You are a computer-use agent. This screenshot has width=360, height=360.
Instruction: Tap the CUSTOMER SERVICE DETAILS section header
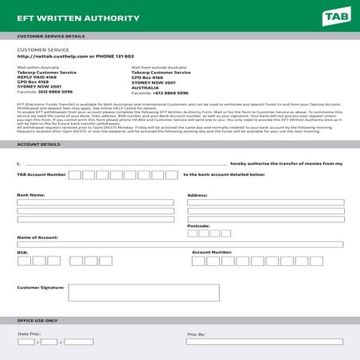tap(51, 36)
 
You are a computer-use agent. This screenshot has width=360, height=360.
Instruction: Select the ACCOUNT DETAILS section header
tap(38, 144)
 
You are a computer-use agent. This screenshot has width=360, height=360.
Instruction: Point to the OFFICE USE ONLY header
tap(37, 320)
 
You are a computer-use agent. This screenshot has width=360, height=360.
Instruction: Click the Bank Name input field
tap(95, 202)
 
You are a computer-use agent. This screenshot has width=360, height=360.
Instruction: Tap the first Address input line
tap(265, 202)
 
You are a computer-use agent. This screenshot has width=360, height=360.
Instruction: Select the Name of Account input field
tap(180, 245)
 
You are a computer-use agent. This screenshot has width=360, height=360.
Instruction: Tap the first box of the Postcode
tap(192, 233)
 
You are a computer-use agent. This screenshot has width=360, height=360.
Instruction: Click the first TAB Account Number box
tap(74, 174)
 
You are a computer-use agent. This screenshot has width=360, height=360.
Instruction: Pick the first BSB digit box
tap(23, 260)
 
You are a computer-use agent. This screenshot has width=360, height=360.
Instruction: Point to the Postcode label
tap(198, 225)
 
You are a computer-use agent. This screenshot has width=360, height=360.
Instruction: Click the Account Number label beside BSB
tap(212, 252)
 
